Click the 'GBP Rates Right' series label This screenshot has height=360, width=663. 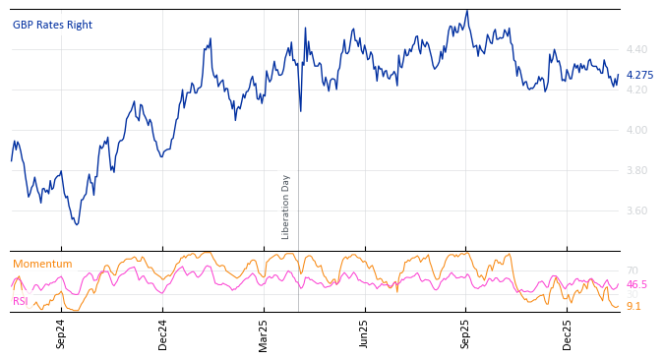pyautogui.click(x=52, y=26)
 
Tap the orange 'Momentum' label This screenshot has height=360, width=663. pyautogui.click(x=42, y=265)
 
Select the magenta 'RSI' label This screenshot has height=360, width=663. pyautogui.click(x=20, y=301)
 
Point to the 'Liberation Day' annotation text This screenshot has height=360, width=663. pyautogui.click(x=286, y=207)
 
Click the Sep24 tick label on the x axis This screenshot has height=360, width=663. pyautogui.click(x=61, y=333)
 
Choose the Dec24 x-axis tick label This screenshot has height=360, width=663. pyautogui.click(x=163, y=333)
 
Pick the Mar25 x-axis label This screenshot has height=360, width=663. pyautogui.click(x=264, y=333)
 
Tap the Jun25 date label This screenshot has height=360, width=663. pyautogui.click(x=364, y=333)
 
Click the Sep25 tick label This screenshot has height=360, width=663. pyautogui.click(x=466, y=333)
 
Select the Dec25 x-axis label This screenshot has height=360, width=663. pyautogui.click(x=568, y=333)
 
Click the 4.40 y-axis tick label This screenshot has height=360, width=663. pyautogui.click(x=636, y=49)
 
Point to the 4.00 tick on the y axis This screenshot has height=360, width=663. pyautogui.click(x=636, y=130)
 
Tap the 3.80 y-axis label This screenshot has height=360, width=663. pyautogui.click(x=636, y=170)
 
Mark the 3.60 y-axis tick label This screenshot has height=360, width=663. pyautogui.click(x=636, y=210)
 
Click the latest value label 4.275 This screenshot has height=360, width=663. pyautogui.click(x=639, y=76)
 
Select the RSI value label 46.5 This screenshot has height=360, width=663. pyautogui.click(x=636, y=285)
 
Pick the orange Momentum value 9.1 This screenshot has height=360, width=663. pyautogui.click(x=633, y=307)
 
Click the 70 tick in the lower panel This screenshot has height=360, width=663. pyautogui.click(x=632, y=271)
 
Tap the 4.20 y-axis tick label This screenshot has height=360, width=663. pyautogui.click(x=636, y=90)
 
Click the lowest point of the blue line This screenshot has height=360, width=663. pyautogui.click(x=77, y=224)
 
